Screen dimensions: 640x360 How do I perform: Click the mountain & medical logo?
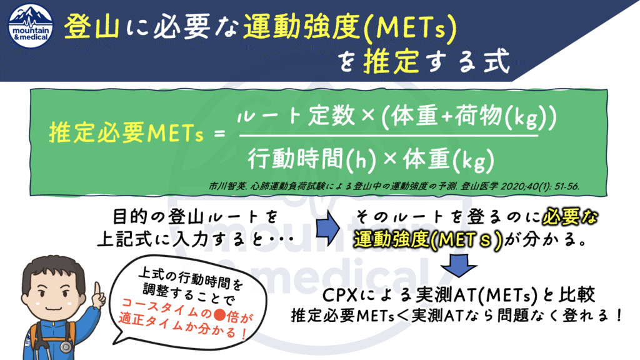tap(31, 26)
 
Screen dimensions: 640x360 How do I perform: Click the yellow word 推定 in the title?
tap(391, 61)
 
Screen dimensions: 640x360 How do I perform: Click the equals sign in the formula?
tap(219, 133)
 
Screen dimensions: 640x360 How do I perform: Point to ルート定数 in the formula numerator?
tap(296, 115)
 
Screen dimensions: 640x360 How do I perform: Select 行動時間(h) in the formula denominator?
tap(312, 159)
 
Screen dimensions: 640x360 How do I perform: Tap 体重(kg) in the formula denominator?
tap(449, 159)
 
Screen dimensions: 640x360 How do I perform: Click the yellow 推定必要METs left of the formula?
tap(126, 133)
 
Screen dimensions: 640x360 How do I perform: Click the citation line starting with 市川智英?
tap(394, 186)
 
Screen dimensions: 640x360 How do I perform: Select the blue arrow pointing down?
tap(459, 265)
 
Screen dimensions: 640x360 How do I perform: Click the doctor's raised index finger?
tap(97, 290)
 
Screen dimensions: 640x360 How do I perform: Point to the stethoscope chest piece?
tap(66, 347)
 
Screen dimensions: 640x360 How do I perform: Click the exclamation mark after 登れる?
tap(619, 315)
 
